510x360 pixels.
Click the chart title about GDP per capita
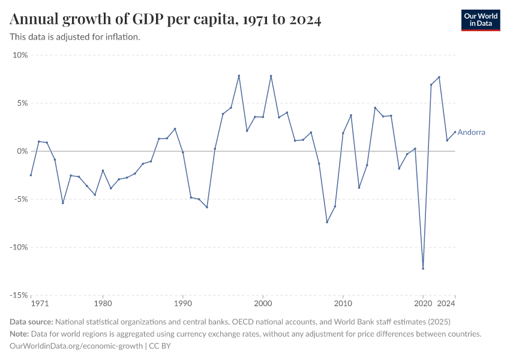166,20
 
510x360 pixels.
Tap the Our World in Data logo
481,20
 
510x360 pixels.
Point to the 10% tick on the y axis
20,55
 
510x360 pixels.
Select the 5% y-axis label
22,103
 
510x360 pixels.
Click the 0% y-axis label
22,151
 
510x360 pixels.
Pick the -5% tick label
21,199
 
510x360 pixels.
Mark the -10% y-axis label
19,247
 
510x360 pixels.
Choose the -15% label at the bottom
19,295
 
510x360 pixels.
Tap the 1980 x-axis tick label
103,304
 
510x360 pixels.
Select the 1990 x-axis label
183,304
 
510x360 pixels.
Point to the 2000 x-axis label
263,304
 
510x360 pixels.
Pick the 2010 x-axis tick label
343,304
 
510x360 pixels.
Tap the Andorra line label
471,133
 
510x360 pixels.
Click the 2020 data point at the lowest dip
423,268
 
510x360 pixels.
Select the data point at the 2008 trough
327,222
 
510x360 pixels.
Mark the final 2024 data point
455,132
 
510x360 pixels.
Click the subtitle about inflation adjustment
75,37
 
